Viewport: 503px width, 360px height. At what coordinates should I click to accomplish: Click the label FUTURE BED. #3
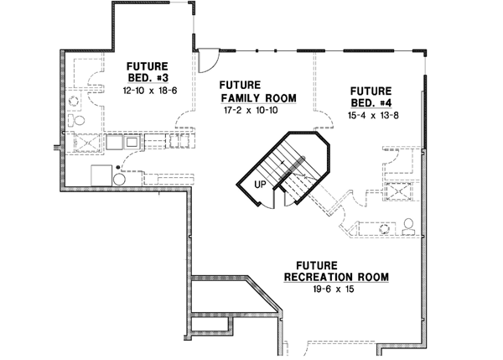click(147, 71)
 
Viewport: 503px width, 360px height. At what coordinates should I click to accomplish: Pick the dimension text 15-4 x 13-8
click(371, 112)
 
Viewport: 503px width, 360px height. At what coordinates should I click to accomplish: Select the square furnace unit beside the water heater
click(101, 174)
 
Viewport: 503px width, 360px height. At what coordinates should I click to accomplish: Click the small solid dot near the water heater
click(119, 168)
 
